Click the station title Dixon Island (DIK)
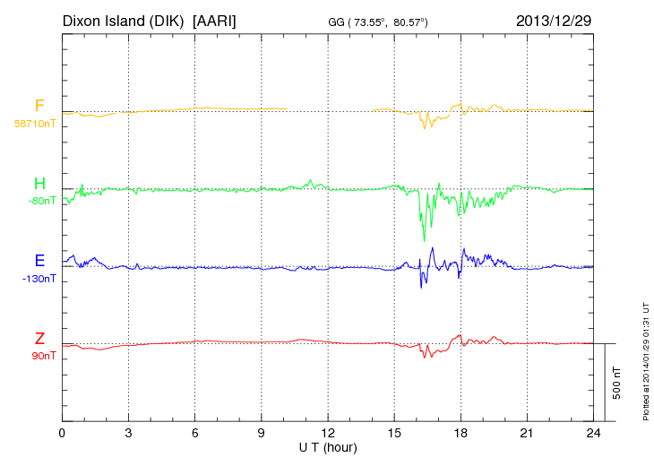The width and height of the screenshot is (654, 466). tap(124, 20)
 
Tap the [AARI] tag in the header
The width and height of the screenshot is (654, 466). tap(214, 20)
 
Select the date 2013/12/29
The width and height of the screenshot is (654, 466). tap(554, 20)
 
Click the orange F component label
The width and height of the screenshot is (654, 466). tap(39, 107)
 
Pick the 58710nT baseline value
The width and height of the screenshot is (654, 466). tap(34, 124)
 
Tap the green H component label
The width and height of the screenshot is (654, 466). tap(39, 185)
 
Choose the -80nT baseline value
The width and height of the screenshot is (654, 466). tap(41, 201)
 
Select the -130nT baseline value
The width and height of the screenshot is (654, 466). tap(39, 279)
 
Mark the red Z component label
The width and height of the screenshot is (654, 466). tap(39, 339)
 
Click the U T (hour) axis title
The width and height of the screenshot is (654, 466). tap(328, 447)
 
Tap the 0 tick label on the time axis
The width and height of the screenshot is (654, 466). tap(62, 434)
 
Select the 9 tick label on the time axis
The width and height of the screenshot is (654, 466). tap(262, 434)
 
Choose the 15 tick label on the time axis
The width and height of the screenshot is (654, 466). tap(394, 434)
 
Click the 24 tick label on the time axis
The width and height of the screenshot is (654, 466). tap(593, 434)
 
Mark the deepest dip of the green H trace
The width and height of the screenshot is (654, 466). tap(425, 239)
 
